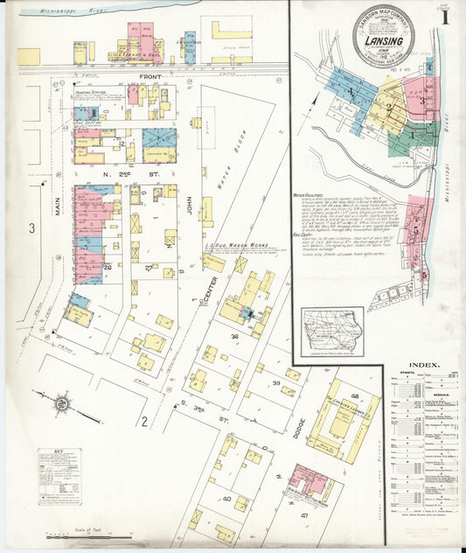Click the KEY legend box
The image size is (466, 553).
pos(59,477)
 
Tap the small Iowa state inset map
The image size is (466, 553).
pos(332,332)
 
